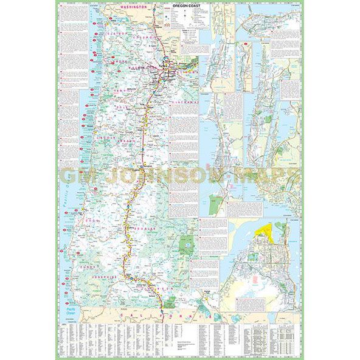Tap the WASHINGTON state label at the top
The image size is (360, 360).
[134, 6]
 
